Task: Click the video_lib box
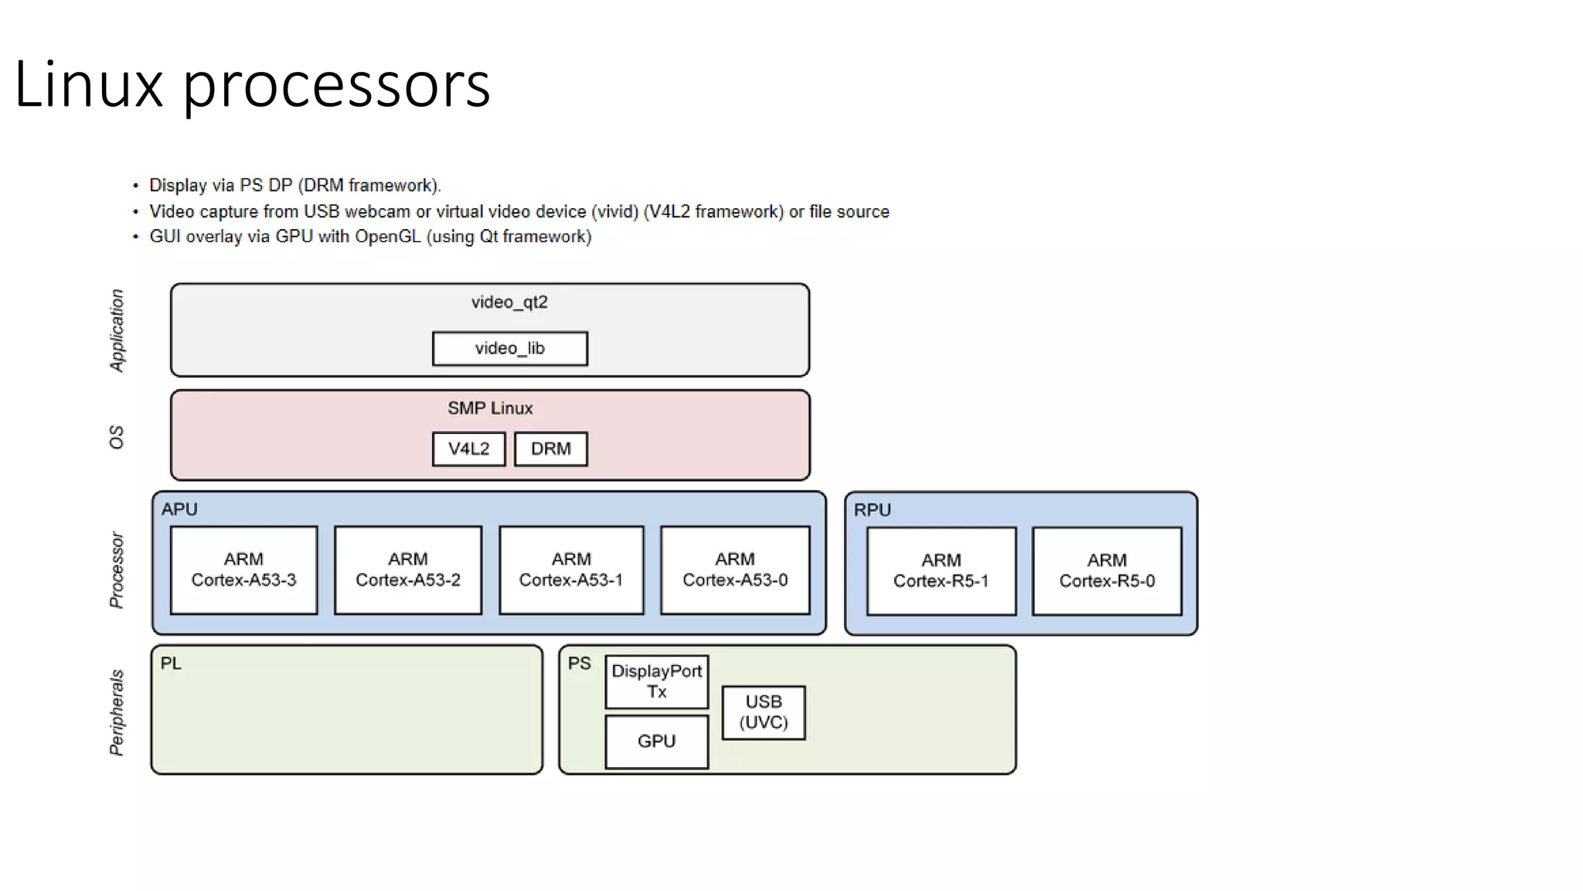coord(509,349)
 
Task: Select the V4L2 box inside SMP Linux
coord(468,449)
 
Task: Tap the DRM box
coord(550,449)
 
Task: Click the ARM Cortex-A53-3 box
coord(243,570)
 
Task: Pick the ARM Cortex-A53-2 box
coord(407,570)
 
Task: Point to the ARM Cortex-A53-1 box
coord(571,570)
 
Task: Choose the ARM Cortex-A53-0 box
coord(735,570)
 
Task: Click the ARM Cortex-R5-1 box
coord(941,571)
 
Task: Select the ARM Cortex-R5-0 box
coord(1107,571)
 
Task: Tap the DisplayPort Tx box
coord(656,681)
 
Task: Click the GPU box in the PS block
coord(656,742)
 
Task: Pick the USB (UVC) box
coord(764,712)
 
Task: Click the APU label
coord(179,510)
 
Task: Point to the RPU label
coord(872,510)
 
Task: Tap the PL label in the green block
coord(171,664)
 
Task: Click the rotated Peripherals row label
coord(117,712)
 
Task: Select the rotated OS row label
coord(117,437)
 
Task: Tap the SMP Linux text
coord(490,408)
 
